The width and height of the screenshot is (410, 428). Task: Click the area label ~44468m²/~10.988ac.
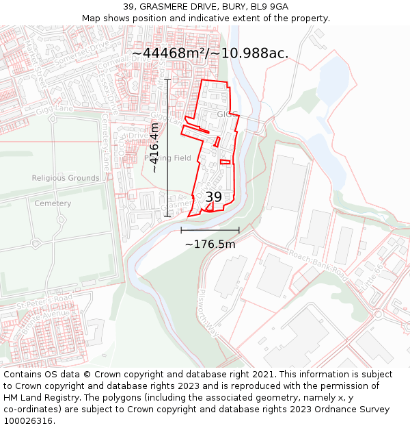click(x=210, y=53)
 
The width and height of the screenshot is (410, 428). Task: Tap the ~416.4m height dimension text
click(x=154, y=148)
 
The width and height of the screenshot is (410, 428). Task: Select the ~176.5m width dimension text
click(x=210, y=244)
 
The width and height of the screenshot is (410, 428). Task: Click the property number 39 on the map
click(x=213, y=197)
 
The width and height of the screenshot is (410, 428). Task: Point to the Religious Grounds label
click(x=66, y=178)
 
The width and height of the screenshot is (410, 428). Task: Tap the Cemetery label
click(x=53, y=203)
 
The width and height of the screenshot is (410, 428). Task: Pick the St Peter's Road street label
click(x=44, y=299)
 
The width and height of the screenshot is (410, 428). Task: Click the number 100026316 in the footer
click(x=28, y=420)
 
